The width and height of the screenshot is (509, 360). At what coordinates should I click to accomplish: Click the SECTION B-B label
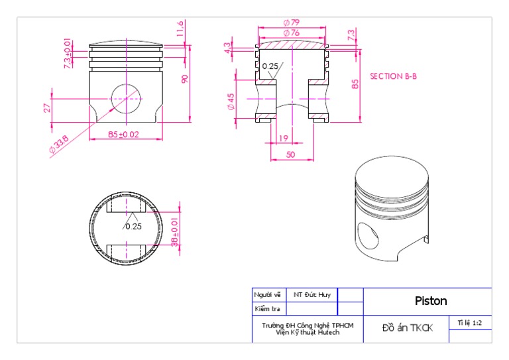pyautogui.click(x=393, y=76)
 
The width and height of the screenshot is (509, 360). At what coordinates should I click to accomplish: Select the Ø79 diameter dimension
pyautogui.click(x=291, y=23)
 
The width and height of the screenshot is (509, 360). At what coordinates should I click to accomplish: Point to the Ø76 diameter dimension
pyautogui.click(x=291, y=32)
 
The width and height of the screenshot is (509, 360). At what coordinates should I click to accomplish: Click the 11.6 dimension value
pyautogui.click(x=180, y=29)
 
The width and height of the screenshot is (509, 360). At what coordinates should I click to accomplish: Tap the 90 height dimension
pyautogui.click(x=185, y=78)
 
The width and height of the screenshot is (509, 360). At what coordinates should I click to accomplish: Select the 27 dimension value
pyautogui.click(x=48, y=107)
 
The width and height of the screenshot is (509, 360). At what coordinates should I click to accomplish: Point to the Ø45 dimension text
pyautogui.click(x=231, y=101)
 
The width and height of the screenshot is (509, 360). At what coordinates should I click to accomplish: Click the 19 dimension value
pyautogui.click(x=284, y=139)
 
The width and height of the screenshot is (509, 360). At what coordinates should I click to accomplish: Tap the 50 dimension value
pyautogui.click(x=291, y=154)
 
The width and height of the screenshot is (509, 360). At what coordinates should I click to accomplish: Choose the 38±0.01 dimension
pyautogui.click(x=175, y=232)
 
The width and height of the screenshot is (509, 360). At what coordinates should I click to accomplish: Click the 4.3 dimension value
pyautogui.click(x=228, y=48)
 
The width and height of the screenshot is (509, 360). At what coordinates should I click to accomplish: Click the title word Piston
pyautogui.click(x=431, y=301)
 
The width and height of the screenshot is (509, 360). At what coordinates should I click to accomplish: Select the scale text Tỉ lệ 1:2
pyautogui.click(x=470, y=323)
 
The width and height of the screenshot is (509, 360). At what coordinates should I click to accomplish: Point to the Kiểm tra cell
pyautogui.click(x=267, y=308)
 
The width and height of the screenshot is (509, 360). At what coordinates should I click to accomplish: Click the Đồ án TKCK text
pyautogui.click(x=406, y=328)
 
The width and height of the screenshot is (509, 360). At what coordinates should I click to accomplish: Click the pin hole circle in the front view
pyautogui.click(x=126, y=99)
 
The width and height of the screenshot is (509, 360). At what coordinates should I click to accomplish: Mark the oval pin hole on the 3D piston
pyautogui.click(x=366, y=235)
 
